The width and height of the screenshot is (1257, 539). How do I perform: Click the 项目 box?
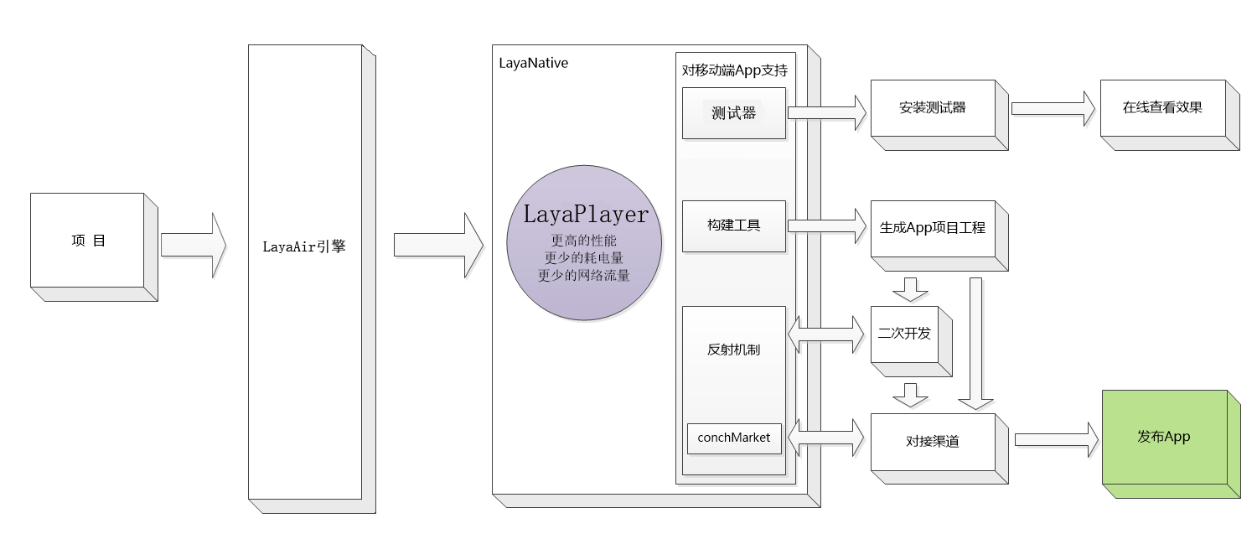(88, 241)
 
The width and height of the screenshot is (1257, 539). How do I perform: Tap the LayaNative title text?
(533, 63)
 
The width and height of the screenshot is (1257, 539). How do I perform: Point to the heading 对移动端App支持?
(735, 70)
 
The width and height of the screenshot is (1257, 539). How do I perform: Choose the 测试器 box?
(734, 113)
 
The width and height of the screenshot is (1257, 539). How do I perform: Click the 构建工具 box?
(734, 225)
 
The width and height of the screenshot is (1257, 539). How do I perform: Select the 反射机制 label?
(734, 350)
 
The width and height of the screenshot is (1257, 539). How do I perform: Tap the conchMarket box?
(734, 438)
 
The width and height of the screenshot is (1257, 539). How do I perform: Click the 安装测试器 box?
(933, 108)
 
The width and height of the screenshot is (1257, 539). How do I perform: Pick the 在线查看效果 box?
(1162, 108)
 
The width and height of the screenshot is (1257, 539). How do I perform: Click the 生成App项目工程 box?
(933, 228)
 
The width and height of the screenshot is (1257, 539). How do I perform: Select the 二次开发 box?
(904, 334)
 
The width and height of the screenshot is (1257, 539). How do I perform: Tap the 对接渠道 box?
(933, 442)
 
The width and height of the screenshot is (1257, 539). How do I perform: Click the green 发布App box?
(1164, 437)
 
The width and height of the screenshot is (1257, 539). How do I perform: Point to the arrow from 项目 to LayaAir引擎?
(194, 245)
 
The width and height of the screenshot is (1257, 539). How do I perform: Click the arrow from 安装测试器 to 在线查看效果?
(1053, 108)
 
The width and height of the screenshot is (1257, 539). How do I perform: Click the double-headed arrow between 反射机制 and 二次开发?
(826, 334)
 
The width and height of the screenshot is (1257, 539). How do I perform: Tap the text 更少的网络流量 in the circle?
(583, 275)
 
